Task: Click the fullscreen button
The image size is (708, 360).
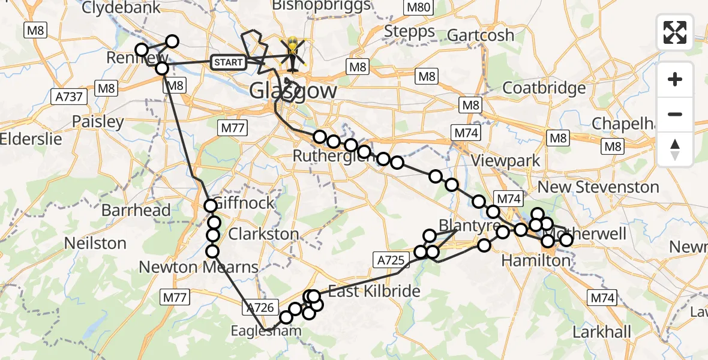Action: [x=675, y=32]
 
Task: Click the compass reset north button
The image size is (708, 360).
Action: [x=675, y=149]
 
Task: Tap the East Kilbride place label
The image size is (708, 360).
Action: [x=374, y=292]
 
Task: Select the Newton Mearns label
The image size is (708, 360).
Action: [x=199, y=267]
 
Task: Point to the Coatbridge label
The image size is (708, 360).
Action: [x=544, y=88]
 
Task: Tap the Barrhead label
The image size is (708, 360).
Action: [x=136, y=211]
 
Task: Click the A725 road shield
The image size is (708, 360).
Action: [x=392, y=260]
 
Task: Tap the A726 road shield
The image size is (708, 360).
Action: [x=260, y=308]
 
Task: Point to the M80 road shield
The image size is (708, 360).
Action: [x=418, y=8]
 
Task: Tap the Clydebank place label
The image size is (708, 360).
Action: [x=121, y=8]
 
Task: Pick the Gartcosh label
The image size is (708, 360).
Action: [x=481, y=35]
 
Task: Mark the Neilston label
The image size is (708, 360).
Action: [x=96, y=244]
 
